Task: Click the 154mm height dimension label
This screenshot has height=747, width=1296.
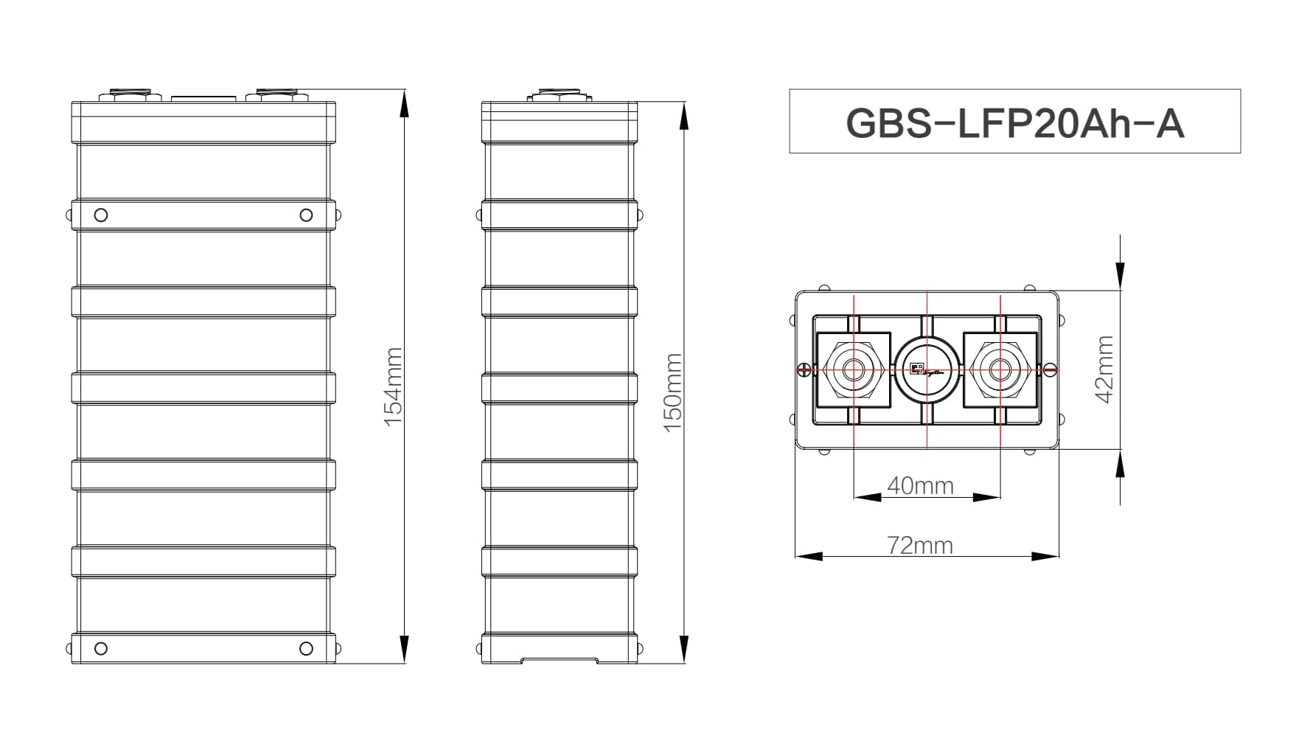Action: [x=394, y=386]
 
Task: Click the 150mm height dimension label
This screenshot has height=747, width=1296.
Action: [x=674, y=392]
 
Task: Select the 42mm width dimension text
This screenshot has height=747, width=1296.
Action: [x=1104, y=369]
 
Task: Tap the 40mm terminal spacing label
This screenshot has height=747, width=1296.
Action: [x=920, y=485]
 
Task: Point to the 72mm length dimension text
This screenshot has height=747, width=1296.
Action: [x=919, y=545]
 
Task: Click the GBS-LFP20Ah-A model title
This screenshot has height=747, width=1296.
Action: [x=1014, y=122]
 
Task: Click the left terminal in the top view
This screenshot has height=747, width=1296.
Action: [x=853, y=369]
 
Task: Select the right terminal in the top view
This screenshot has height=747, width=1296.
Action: [x=1000, y=369]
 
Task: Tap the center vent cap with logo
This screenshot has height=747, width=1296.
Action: [x=927, y=369]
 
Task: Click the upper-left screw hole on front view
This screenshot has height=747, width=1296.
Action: [x=101, y=215]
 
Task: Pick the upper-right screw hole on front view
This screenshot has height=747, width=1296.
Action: [x=306, y=215]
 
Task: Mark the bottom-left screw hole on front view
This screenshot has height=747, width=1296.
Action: [x=101, y=648]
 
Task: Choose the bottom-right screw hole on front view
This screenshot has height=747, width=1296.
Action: [x=306, y=648]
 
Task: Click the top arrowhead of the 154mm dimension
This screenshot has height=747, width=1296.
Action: [x=403, y=103]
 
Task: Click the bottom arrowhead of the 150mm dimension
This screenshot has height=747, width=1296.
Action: [x=684, y=648]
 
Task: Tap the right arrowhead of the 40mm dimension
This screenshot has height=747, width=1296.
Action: [x=987, y=497]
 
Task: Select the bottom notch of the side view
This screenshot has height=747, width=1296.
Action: [x=559, y=659]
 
